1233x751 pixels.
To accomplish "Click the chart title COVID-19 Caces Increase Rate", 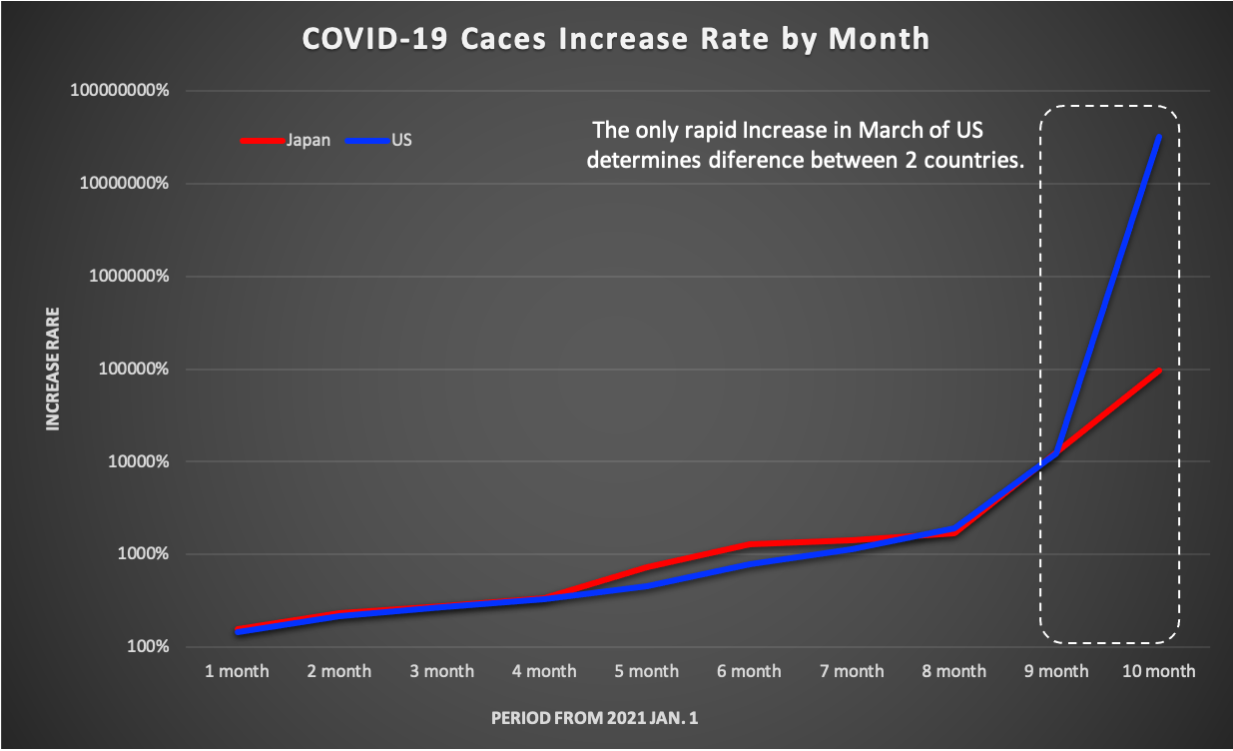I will [x=616, y=39].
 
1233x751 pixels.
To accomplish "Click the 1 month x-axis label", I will [x=237, y=671].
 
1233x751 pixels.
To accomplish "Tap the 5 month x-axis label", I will [x=646, y=671].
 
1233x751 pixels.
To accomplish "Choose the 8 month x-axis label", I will [x=953, y=671].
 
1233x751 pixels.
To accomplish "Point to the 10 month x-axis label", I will [x=1158, y=671].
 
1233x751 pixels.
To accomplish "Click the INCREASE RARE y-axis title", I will [x=53, y=370].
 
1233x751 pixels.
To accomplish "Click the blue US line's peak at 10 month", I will [x=1158, y=136].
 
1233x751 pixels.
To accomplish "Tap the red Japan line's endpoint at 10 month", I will [x=1158, y=371].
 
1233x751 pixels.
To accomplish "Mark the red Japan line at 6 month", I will [x=749, y=544].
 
